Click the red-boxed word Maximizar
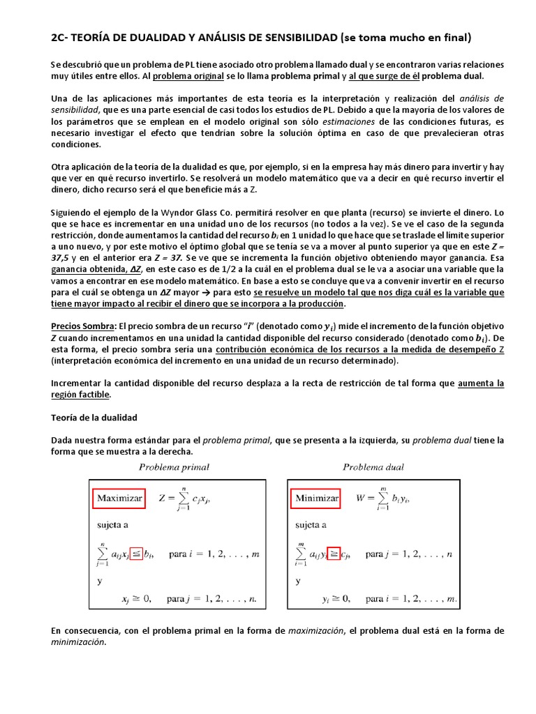pos(119,499)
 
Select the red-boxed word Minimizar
pos(317,499)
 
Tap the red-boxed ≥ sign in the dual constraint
pos(334,554)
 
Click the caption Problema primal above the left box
pos(174,467)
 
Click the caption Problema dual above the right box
pos(373,467)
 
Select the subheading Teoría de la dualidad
pos(94,418)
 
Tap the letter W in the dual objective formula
pos(361,499)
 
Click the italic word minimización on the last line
pos(77,643)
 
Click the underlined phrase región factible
pos(80,395)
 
